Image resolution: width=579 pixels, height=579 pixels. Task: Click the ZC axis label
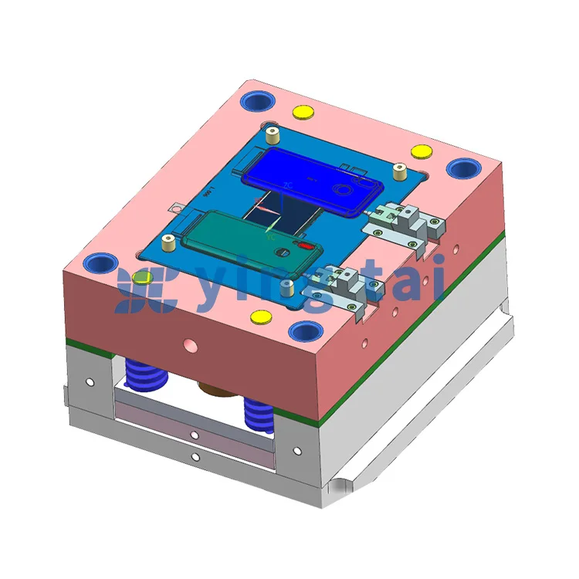pyautogui.click(x=288, y=185)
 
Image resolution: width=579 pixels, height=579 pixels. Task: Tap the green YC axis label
pyautogui.click(x=271, y=238)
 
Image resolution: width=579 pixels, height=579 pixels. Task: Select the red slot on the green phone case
pyautogui.click(x=305, y=245)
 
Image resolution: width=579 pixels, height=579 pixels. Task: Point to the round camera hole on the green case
pyautogui.click(x=282, y=252)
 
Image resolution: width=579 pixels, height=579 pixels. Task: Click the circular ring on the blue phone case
pyautogui.click(x=344, y=190)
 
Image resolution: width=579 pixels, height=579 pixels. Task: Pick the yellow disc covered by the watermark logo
pyautogui.click(x=143, y=277)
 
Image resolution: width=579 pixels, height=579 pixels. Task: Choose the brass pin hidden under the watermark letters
pyautogui.click(x=286, y=287)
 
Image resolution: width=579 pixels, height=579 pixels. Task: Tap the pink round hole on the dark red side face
pyautogui.click(x=191, y=346)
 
